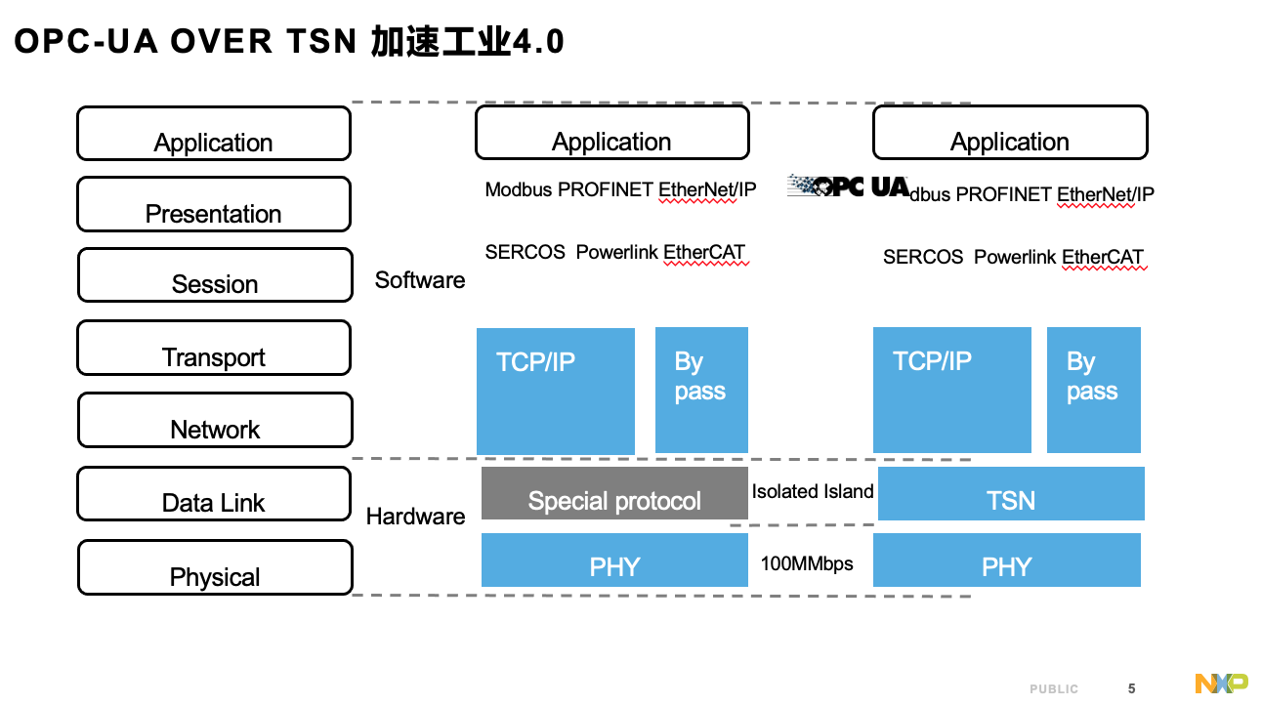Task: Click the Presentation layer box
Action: pos(214,204)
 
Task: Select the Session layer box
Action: pos(215,274)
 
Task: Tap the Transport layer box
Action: pos(214,348)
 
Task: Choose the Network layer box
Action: pos(215,420)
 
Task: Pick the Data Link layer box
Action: pos(214,493)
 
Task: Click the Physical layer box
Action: pos(215,567)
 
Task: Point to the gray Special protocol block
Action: pos(614,493)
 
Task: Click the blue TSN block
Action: pos(1011,493)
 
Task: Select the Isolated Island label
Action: pos(813,491)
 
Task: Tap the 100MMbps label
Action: pos(807,563)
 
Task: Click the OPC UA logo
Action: pos(849,186)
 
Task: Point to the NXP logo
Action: pos(1221,684)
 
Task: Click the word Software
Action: pos(420,280)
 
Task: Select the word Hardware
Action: pos(416,517)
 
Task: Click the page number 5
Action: pos(1131,688)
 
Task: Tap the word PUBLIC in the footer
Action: pos(1054,688)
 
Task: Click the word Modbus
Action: pos(519,189)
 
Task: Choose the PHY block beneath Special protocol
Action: pos(614,560)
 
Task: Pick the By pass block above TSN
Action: pos(1094,390)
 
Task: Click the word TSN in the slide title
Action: pos(321,42)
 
